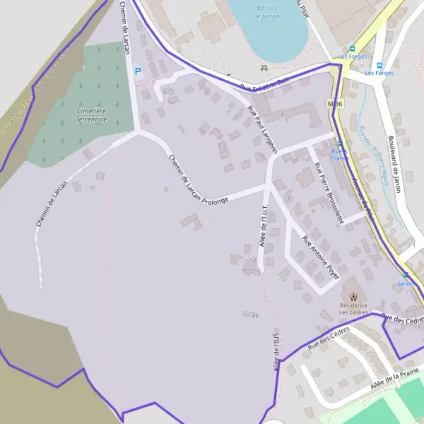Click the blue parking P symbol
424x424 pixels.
click(138, 71)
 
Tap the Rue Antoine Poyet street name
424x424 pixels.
click(321, 258)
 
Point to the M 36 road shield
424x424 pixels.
click(335, 104)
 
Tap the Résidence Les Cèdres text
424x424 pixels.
click(353, 309)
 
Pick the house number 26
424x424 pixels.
click(255, 315)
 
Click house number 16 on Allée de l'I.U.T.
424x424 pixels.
click(258, 271)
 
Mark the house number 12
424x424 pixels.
click(252, 260)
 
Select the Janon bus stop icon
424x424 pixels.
click(406, 275)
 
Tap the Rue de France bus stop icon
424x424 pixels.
click(340, 143)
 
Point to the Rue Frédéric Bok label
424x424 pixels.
click(265, 85)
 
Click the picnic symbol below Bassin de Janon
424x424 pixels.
click(264, 68)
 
